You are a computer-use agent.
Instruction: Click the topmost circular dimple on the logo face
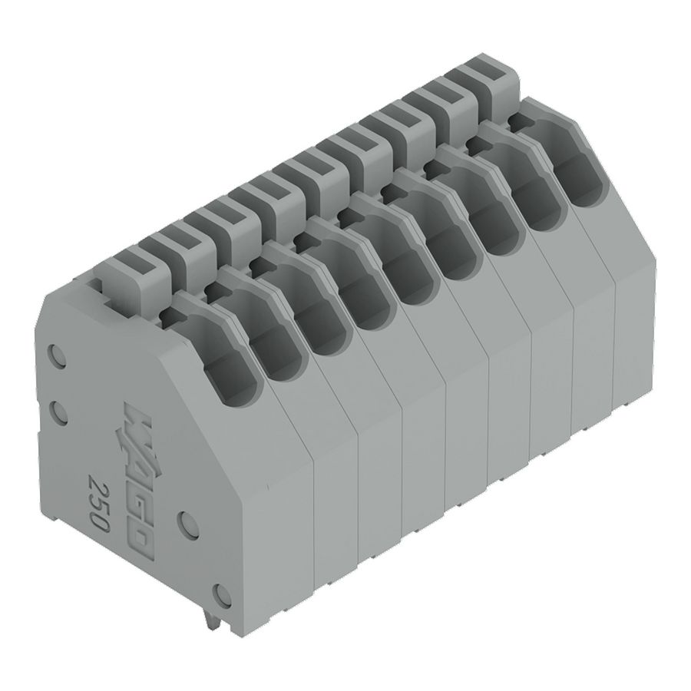tap(57, 355)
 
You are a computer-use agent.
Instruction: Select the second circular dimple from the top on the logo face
tap(58, 411)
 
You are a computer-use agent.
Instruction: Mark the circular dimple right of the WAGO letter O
tap(189, 523)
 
